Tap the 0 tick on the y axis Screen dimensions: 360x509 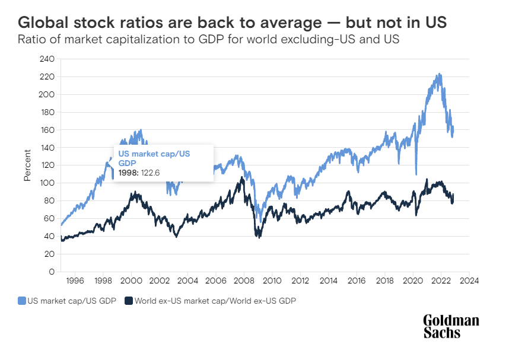(52, 272)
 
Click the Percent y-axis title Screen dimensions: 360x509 (27, 166)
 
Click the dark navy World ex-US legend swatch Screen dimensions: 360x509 (128, 301)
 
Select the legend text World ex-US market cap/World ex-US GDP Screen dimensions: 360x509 (215, 301)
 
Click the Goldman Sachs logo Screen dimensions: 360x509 (451, 326)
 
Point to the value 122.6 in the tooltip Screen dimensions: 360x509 (151, 173)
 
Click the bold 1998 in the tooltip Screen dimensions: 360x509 (128, 173)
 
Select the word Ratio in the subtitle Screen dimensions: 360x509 (31, 40)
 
